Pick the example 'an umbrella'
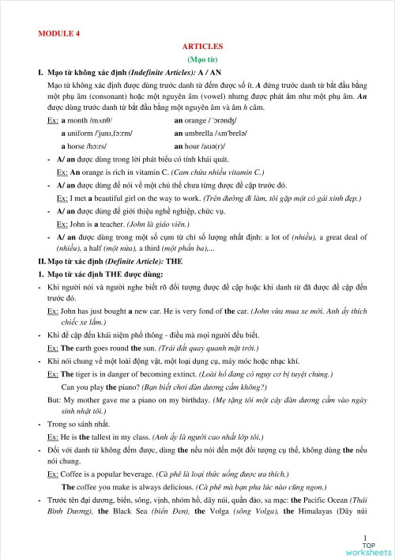197,133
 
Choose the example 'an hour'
190,146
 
